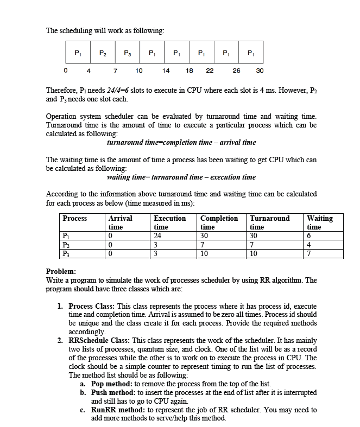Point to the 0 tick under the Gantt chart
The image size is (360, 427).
click(65, 70)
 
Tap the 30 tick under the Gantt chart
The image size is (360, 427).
click(260, 70)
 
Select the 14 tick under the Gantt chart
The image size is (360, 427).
click(166, 70)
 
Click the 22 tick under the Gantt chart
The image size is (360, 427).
click(210, 70)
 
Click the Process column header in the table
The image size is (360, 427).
click(75, 218)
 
